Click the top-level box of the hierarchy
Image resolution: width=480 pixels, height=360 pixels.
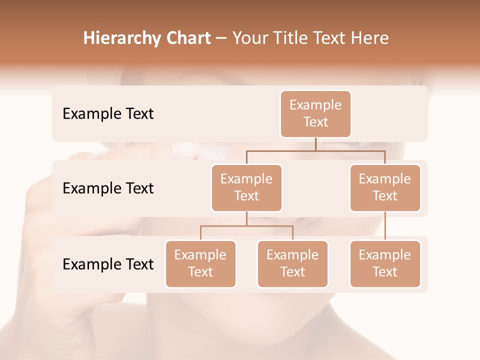coord(315,114)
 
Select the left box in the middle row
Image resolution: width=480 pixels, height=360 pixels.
coord(246,188)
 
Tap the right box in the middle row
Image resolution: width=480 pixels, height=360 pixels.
coord(385,188)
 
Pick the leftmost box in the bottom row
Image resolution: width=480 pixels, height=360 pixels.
coord(200,264)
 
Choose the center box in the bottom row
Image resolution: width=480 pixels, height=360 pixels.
coord(292,264)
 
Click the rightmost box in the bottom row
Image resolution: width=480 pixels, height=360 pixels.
coord(385,264)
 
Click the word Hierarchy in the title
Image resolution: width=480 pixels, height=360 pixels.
coord(121,38)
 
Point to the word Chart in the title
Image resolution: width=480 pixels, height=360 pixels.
coord(188,38)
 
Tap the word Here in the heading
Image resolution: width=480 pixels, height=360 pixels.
coord(370,38)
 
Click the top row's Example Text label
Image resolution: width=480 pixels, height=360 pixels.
coord(108,114)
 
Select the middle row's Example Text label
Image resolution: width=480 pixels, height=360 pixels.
coord(108,188)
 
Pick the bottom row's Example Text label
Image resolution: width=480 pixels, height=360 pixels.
coord(108,264)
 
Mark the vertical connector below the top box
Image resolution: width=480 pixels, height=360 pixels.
coord(315,144)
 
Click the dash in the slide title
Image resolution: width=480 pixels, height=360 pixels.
coord(221,38)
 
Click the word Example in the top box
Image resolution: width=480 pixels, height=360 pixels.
coord(315,105)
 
